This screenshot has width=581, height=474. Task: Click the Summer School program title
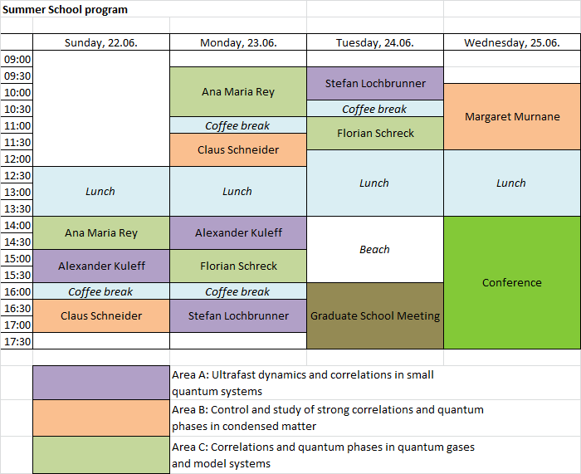point(65,10)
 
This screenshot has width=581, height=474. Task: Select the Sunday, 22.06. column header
point(101,42)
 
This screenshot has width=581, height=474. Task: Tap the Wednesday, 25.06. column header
point(512,42)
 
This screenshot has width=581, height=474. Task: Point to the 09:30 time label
point(17,76)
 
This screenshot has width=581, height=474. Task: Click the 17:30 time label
point(17,341)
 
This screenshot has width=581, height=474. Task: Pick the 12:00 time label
point(17,159)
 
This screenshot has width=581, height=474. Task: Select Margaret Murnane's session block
point(512,117)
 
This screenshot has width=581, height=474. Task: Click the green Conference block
point(512,283)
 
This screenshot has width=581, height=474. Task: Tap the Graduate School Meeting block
point(375,315)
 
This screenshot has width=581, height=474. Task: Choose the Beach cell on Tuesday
point(375,249)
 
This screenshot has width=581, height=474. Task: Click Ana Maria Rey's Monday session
point(238,92)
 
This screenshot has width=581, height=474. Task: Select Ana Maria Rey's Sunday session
point(101,233)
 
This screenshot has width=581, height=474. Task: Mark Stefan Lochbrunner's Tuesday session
point(375,83)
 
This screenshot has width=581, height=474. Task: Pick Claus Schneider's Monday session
point(238,149)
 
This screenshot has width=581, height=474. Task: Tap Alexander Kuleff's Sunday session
point(101,266)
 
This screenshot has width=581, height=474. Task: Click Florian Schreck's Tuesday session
point(375,134)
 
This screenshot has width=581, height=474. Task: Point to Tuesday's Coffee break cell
point(375,109)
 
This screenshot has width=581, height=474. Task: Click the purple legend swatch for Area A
point(101,383)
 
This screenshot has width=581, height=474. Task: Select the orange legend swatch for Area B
point(101,418)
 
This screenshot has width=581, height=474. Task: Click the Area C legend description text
point(323,455)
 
